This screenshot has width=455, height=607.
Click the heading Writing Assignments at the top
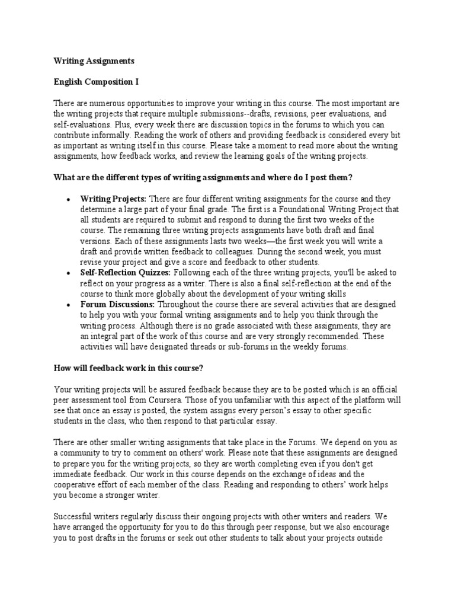tap(94, 61)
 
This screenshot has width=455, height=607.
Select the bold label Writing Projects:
tap(113, 199)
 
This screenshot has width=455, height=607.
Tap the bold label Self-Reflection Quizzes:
tap(126, 273)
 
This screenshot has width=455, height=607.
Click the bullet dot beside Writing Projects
tap(70, 199)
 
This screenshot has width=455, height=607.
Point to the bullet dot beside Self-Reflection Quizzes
tap(70, 273)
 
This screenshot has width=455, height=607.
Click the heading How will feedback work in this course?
tap(129, 368)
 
